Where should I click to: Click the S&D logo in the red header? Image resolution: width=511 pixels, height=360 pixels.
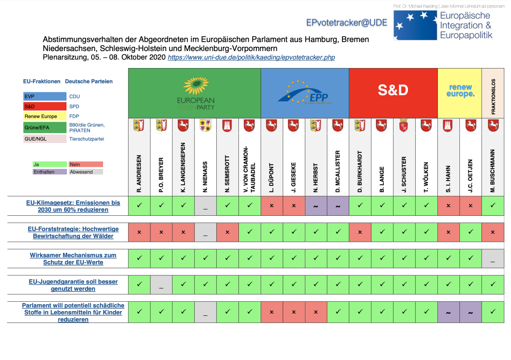click(x=393, y=90)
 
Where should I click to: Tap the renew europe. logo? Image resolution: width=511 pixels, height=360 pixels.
click(x=460, y=91)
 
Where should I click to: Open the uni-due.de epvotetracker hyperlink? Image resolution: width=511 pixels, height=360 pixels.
click(x=251, y=57)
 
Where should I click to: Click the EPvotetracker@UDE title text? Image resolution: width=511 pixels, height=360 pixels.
click(x=347, y=23)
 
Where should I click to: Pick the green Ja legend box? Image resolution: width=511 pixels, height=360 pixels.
click(x=49, y=164)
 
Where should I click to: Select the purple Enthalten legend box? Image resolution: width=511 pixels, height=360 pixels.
click(x=49, y=172)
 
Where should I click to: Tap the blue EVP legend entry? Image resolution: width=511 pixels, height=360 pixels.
click(x=44, y=97)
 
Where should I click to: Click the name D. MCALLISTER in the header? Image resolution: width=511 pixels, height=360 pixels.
click(x=338, y=171)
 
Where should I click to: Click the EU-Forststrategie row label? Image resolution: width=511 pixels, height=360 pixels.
click(x=73, y=232)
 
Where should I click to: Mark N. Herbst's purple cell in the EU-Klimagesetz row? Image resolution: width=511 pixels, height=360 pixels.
click(x=316, y=206)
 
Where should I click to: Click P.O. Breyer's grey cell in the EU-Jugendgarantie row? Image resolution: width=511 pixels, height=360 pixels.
click(x=161, y=285)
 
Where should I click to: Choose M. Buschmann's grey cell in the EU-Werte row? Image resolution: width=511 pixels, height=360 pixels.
click(x=493, y=259)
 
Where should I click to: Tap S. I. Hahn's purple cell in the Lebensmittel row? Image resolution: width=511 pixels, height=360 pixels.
click(x=448, y=312)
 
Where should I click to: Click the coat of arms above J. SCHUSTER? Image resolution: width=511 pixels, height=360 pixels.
click(x=404, y=126)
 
